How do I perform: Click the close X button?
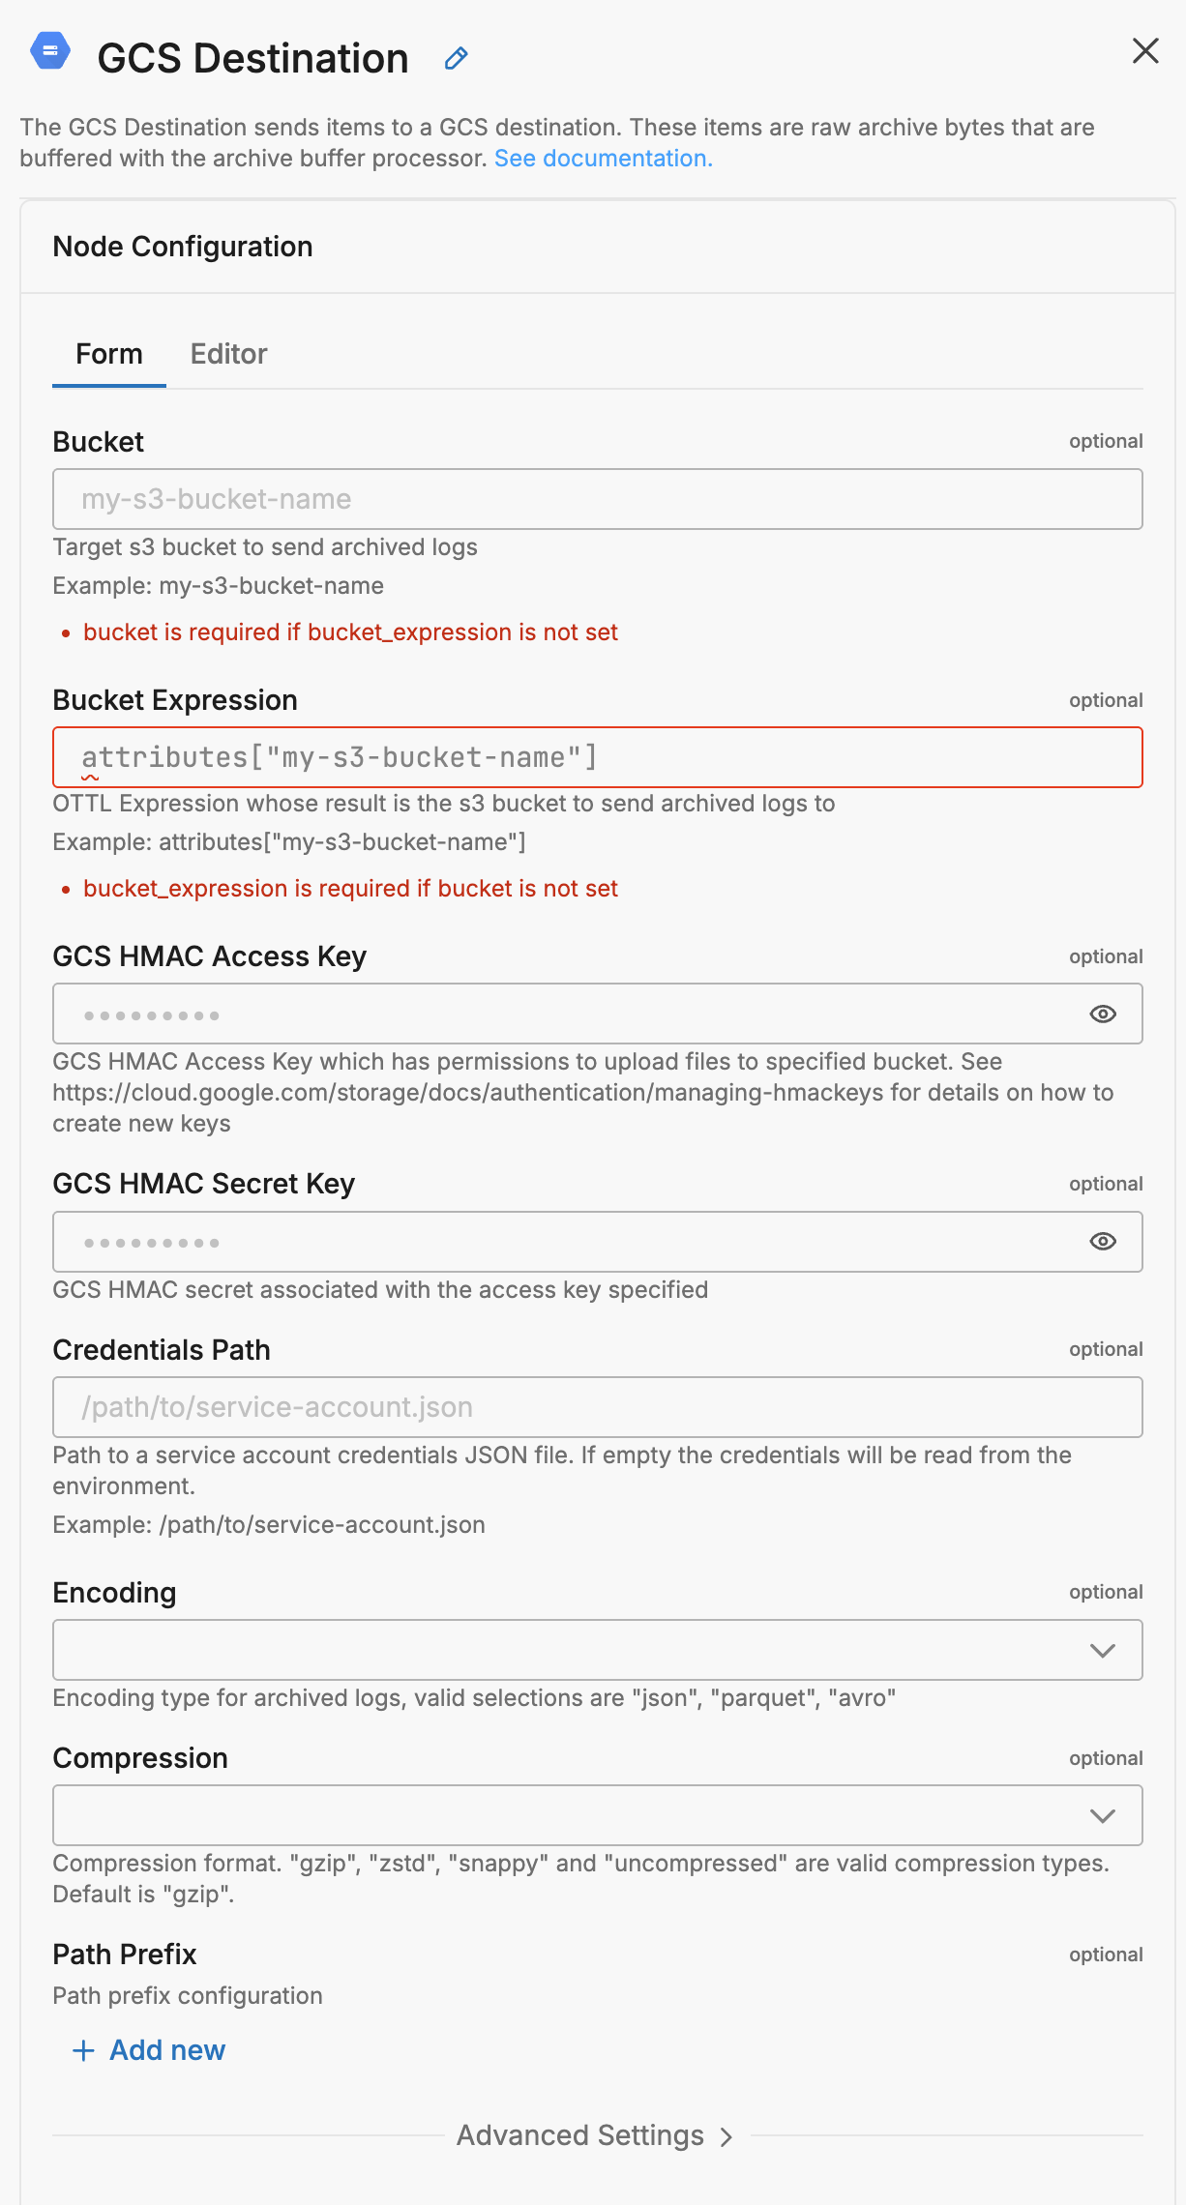[x=1145, y=51]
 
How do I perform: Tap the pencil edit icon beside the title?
[x=457, y=59]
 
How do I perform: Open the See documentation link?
[x=603, y=159]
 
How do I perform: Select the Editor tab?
[x=228, y=354]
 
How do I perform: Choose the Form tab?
[x=109, y=354]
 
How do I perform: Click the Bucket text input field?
[x=597, y=499]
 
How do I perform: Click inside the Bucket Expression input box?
[x=597, y=757]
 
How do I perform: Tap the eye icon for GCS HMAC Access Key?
[x=1103, y=1014]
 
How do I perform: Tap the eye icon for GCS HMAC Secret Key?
[x=1103, y=1242]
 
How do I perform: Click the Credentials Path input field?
[x=597, y=1407]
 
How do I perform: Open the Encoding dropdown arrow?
[x=1103, y=1651]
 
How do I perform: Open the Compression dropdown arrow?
[x=1103, y=1816]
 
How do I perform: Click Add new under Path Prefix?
[x=150, y=2050]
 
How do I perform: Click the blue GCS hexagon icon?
[x=50, y=51]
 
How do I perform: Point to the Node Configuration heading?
[x=183, y=247]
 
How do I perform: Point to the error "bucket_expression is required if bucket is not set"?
[x=350, y=889]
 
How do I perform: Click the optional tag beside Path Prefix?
[x=1106, y=1955]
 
